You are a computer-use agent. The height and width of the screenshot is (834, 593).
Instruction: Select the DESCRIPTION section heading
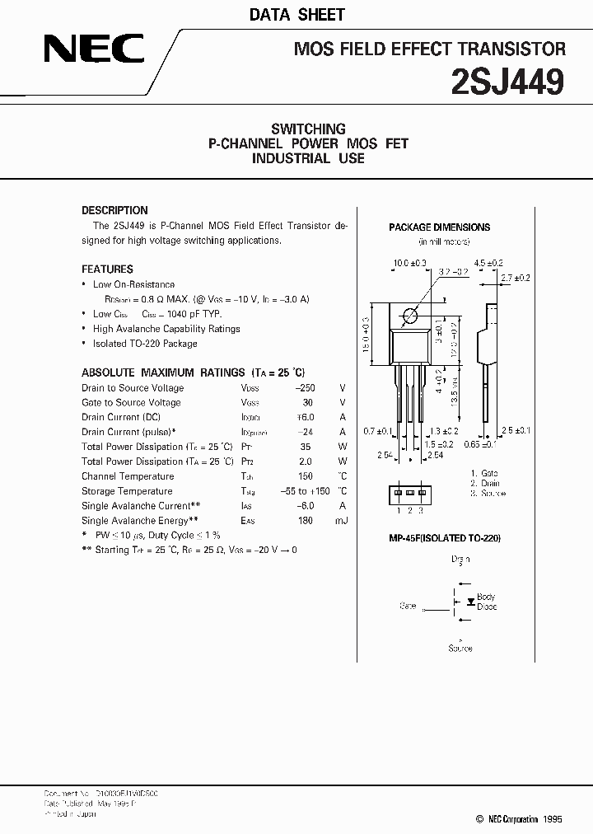[114, 210]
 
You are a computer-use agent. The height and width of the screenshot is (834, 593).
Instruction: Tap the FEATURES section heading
[107, 269]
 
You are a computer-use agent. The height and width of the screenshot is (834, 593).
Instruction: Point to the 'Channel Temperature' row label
[128, 476]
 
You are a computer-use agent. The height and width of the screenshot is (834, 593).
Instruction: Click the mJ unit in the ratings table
[342, 521]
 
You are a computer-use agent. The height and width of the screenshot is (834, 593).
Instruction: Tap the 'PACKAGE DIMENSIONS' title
[439, 227]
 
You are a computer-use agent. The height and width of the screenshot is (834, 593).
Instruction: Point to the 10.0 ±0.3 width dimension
[409, 263]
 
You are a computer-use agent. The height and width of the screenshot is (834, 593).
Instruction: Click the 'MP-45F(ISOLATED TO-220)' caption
[445, 537]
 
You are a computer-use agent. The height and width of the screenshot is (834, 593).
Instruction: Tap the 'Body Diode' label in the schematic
[487, 601]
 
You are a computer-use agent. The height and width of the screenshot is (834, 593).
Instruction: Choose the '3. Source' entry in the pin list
[488, 493]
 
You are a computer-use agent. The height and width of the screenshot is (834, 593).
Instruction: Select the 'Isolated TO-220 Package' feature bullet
[145, 343]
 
